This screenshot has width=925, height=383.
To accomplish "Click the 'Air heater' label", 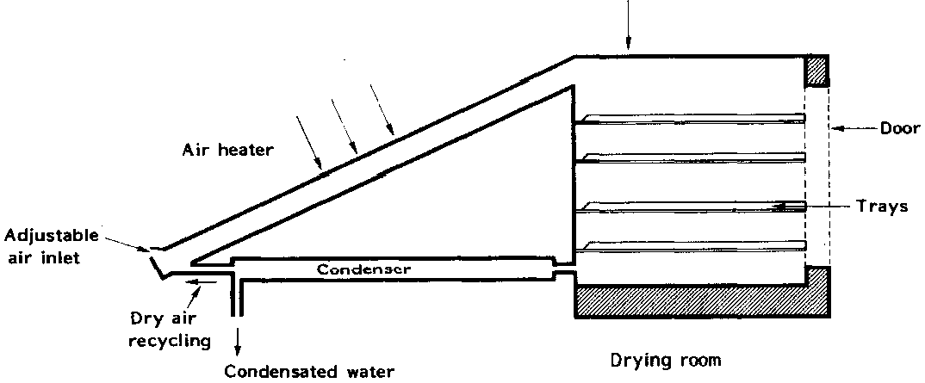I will (228, 150).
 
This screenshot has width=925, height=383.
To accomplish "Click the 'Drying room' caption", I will (664, 358).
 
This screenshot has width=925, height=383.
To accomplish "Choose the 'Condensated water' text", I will (309, 372).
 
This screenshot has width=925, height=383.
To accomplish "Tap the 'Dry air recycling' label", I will (171, 328).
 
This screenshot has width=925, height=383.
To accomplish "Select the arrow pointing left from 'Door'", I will (853, 130).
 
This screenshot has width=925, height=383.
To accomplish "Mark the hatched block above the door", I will (816, 71).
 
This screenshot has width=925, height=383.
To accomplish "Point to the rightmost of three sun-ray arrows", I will (382, 111).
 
